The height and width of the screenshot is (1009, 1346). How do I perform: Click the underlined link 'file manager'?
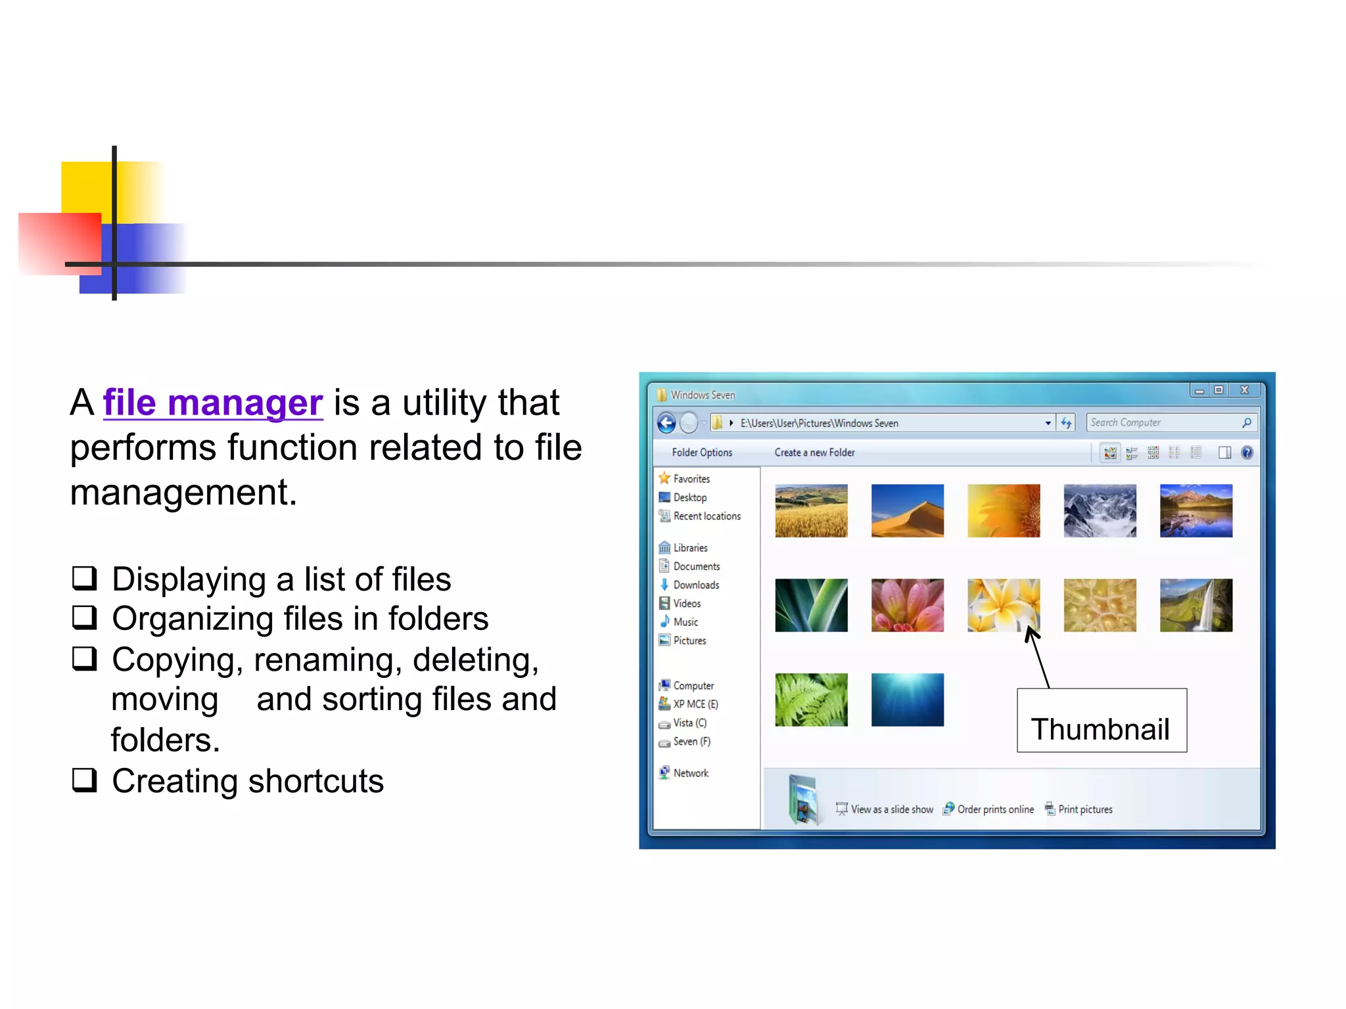pos(213,403)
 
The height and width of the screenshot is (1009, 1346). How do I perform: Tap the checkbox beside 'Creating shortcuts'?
pos(85,780)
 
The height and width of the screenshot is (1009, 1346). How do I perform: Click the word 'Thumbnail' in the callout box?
pos(1100,729)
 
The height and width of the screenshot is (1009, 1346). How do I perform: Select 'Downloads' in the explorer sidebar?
pos(695,585)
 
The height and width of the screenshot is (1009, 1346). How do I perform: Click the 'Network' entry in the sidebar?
pos(690,773)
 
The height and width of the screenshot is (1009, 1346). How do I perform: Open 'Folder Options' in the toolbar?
pos(701,453)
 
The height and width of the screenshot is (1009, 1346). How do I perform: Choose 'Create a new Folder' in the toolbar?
pos(814,453)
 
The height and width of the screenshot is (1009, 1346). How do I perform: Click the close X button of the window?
pos(1244,390)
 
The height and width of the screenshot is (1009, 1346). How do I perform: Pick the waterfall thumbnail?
pos(1195,605)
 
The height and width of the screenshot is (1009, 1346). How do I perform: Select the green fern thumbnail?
pos(811,700)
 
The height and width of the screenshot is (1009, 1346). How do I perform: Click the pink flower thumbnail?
pos(907,605)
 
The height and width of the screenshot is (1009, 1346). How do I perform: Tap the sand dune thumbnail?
pos(907,510)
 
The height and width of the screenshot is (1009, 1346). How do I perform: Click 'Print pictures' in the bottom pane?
pos(1084,809)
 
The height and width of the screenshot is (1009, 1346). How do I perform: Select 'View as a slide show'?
pos(891,809)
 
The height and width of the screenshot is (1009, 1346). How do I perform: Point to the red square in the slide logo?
pos(59,243)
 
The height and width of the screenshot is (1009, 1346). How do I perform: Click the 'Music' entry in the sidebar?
pos(685,622)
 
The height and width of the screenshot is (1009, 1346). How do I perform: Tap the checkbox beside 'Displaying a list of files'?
pos(85,578)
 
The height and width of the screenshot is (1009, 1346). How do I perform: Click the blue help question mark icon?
pos(1247,453)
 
